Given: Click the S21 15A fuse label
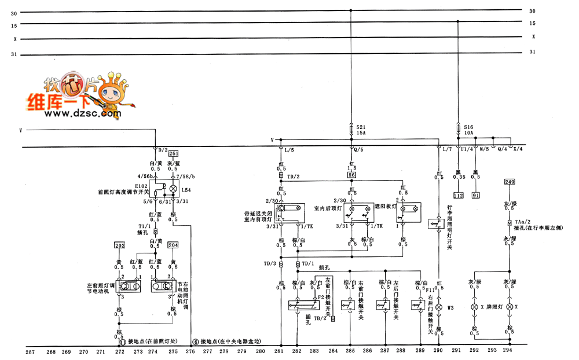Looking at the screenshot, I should click(361, 129).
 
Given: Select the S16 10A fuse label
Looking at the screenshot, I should click(468, 129).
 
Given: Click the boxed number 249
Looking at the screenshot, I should click(510, 182).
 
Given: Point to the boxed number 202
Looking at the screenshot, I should click(120, 245).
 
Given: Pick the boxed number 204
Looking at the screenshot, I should click(173, 245).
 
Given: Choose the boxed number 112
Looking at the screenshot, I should click(459, 196).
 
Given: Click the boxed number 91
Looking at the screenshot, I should click(476, 196).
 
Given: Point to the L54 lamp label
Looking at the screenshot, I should click(185, 189).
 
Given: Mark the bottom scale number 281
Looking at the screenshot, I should click(278, 351).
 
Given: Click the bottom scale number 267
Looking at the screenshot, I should click(31, 351).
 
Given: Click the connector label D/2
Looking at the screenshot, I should click(163, 150).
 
